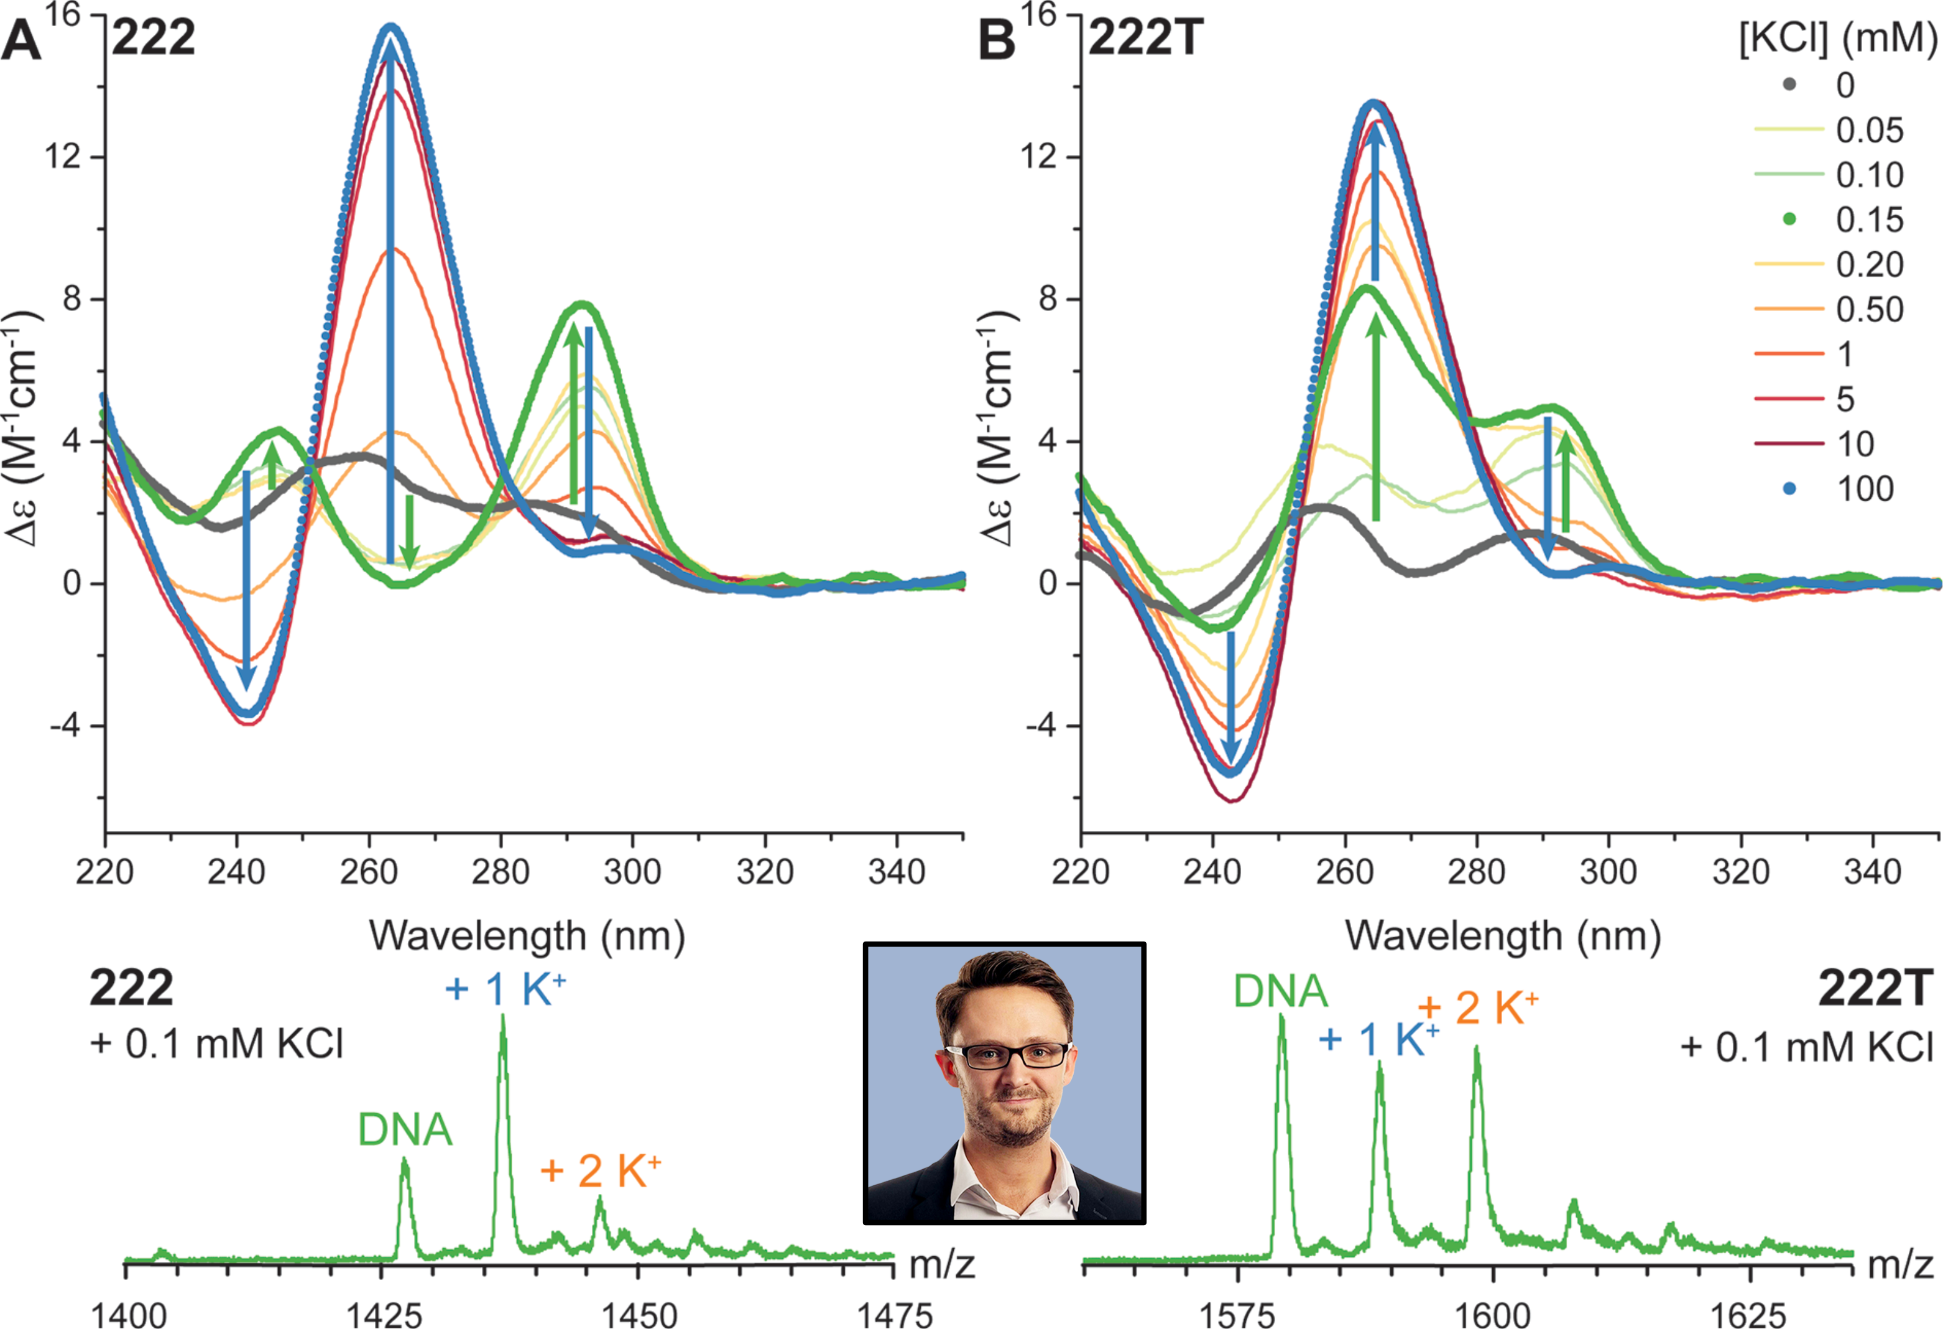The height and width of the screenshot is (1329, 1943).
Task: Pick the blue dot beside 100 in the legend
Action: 1790,488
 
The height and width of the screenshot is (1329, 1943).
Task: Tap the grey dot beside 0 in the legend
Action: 1790,85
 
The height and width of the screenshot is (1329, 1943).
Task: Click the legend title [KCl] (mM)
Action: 1838,39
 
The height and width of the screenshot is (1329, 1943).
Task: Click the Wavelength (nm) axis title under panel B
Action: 1502,936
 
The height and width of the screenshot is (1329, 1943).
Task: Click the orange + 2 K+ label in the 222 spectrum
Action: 600,1171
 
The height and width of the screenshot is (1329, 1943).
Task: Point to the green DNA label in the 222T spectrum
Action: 1280,992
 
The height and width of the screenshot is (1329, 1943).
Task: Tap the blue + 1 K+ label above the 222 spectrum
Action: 505,989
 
